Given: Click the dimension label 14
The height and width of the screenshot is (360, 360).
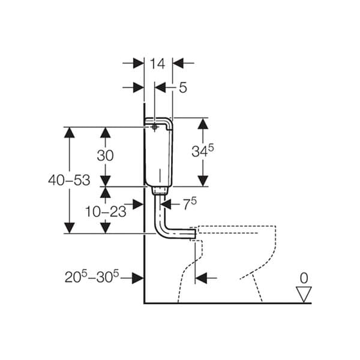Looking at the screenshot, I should coord(158,63).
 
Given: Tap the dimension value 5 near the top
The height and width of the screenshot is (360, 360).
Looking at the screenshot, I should coord(182,88).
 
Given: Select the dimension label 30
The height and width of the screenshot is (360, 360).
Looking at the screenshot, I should coord(106,155).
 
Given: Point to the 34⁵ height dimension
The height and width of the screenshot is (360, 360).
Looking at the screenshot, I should coord(203,151).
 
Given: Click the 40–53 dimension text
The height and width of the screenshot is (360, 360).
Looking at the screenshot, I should coord(69,180).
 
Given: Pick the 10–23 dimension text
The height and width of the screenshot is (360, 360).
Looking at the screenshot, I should coord(106,211).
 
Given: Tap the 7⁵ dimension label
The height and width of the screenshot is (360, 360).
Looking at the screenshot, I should coord(190,204).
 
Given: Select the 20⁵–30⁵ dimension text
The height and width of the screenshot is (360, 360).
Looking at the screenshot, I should coord(92,277).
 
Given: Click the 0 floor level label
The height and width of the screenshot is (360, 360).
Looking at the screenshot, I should coord(304,278).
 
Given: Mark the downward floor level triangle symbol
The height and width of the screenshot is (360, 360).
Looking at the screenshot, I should coord(304,293).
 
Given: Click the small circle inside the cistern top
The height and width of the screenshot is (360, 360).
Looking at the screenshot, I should coord(155,127).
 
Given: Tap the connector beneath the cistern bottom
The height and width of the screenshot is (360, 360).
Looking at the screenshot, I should coord(158,191).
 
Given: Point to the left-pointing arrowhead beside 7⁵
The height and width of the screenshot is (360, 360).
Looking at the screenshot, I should coord(168,204).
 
